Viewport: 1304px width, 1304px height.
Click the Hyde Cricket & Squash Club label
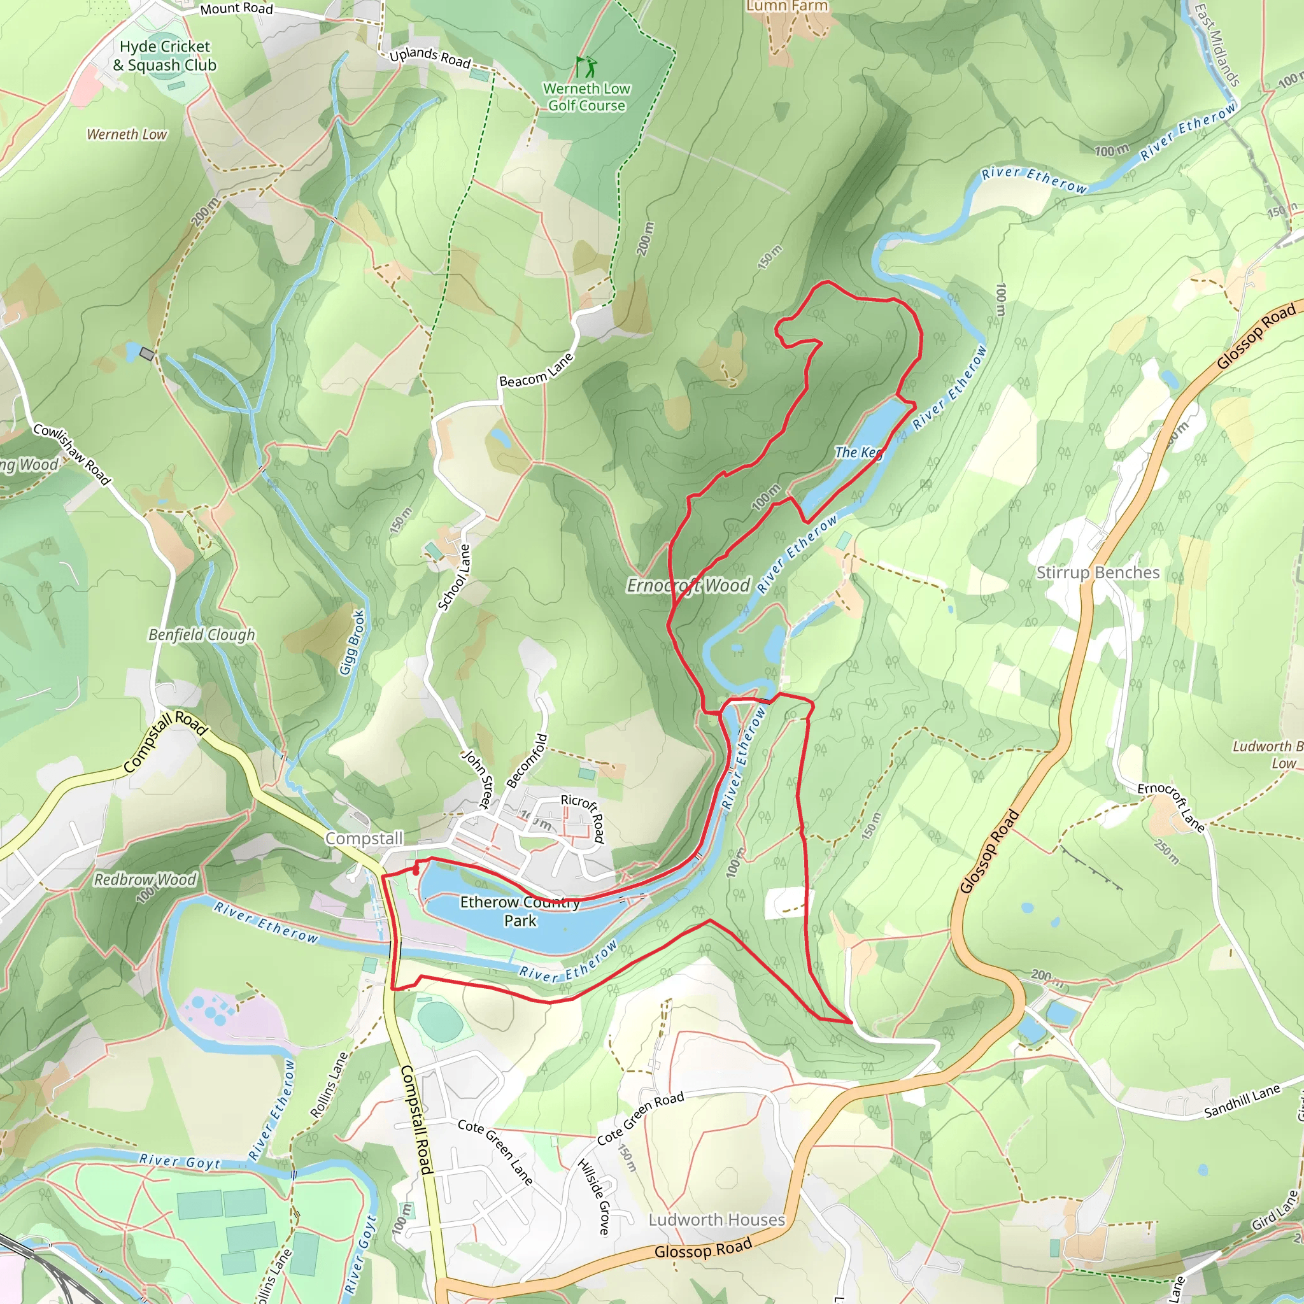click(165, 56)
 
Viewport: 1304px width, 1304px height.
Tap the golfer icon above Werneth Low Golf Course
click(586, 67)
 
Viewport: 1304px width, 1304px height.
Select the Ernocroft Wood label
click(688, 585)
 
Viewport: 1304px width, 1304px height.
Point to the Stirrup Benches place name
click(1098, 572)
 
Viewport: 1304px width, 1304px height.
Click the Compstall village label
click(364, 839)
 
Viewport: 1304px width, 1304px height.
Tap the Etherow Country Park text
click(520, 911)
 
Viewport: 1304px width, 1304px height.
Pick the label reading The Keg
click(858, 453)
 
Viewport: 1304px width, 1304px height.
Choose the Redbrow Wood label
click(145, 879)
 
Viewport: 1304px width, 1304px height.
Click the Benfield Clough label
click(202, 634)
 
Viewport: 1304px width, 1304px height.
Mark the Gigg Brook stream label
click(353, 642)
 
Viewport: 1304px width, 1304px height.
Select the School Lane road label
click(454, 578)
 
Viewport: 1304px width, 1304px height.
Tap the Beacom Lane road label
click(537, 371)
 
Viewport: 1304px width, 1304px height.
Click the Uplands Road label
click(430, 57)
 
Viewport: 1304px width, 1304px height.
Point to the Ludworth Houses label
click(717, 1219)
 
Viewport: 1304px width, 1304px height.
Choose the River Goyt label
click(180, 1161)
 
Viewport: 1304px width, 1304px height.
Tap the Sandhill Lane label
click(1242, 1102)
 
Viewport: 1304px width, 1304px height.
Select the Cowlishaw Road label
click(71, 454)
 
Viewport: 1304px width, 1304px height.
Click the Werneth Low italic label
click(127, 134)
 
